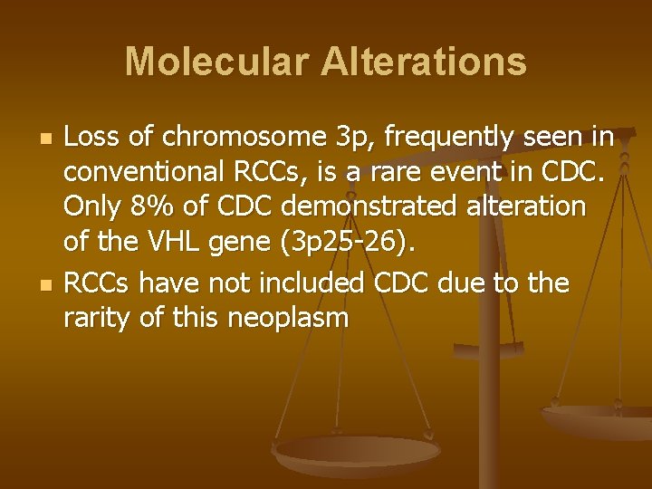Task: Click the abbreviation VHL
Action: pos(167,243)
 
